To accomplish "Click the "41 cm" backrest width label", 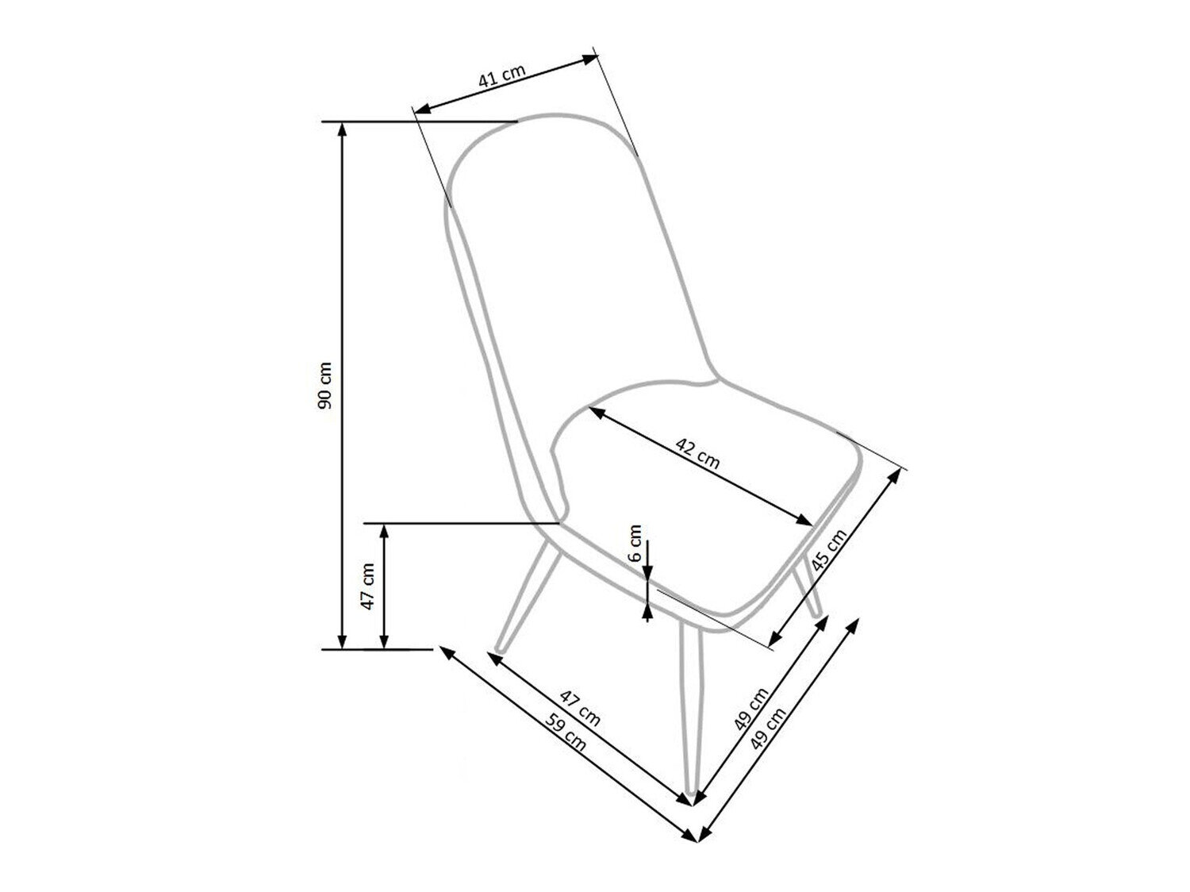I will point(501,76).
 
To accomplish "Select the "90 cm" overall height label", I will point(324,385).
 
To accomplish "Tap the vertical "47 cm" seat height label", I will point(367,586).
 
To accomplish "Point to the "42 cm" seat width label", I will point(697,453).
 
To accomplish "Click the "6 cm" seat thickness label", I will point(635,544).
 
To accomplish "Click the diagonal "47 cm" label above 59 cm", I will point(581,709).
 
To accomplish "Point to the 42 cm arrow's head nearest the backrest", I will point(595,413).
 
